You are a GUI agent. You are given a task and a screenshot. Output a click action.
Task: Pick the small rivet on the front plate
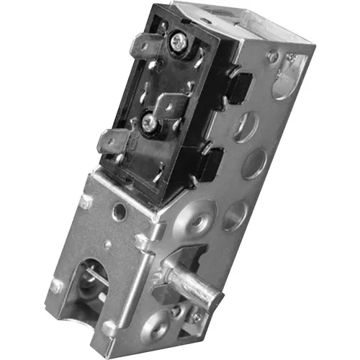coord(85,203)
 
